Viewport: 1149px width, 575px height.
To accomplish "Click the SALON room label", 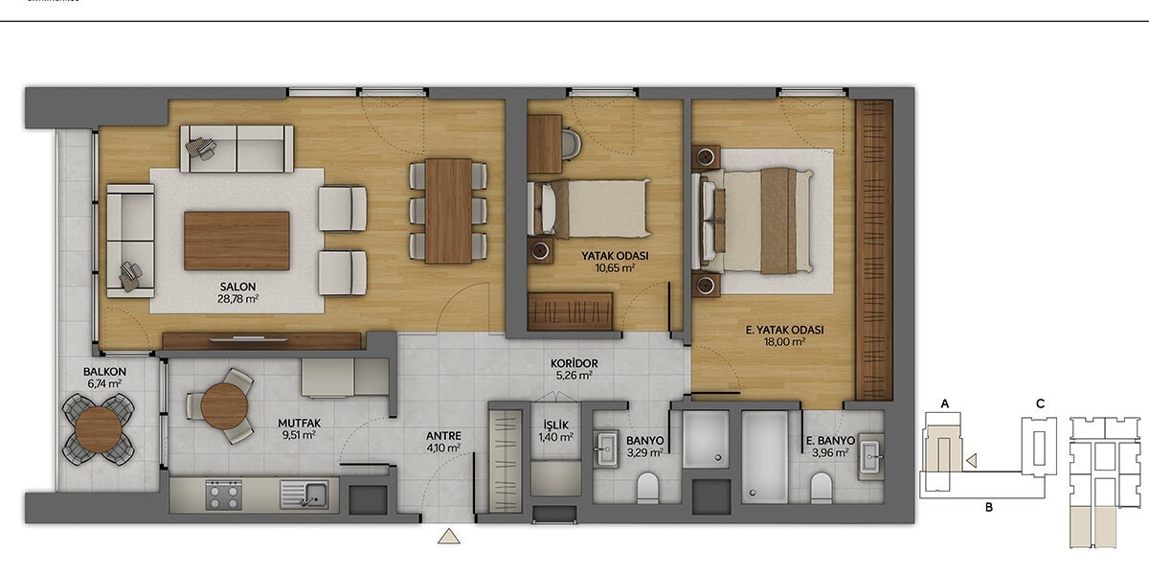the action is tap(237, 287).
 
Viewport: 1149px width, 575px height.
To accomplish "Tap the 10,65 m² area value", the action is tap(615, 267).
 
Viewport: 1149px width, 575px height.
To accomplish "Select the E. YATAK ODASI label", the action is tap(784, 330).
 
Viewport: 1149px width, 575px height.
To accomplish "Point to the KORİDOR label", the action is tap(574, 363).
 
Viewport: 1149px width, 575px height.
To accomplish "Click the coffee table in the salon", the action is tap(237, 241).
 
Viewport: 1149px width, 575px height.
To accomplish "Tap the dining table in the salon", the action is tap(448, 211).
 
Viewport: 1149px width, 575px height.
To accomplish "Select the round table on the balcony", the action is tap(98, 429).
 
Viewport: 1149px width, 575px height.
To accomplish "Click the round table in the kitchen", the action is tap(225, 406).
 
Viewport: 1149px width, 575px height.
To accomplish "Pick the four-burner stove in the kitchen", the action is tap(224, 494).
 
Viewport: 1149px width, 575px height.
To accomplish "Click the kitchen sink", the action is tap(304, 494).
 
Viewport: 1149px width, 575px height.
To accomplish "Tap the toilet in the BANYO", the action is tap(647, 488).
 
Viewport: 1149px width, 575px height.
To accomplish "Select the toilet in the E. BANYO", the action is tap(822, 488).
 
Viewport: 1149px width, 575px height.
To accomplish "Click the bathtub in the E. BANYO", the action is tap(765, 457).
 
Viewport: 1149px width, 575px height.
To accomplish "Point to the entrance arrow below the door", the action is tap(449, 536).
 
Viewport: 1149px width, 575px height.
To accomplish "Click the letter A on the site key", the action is tap(945, 404).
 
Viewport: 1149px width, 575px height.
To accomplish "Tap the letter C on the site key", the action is tap(1040, 404).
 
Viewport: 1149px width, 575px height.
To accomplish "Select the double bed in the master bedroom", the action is tap(753, 220).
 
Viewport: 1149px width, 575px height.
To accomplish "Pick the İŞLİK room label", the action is tap(556, 425).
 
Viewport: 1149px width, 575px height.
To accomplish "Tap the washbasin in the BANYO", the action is tap(606, 449).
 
